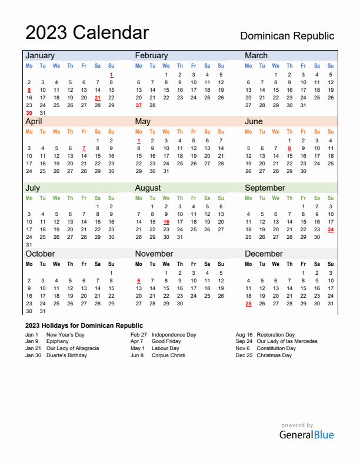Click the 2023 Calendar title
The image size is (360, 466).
(x=87, y=32)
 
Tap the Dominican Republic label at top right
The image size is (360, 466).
(x=287, y=36)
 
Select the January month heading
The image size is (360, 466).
(x=40, y=55)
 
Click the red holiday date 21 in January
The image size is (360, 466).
(x=98, y=98)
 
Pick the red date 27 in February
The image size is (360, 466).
(x=139, y=105)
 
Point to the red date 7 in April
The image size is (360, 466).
(x=84, y=148)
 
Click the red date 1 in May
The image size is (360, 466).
(x=139, y=141)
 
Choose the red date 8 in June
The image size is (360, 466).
(x=289, y=148)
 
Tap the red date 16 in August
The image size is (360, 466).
(x=166, y=222)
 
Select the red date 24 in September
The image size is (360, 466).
(x=331, y=229)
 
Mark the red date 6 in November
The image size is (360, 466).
(x=139, y=281)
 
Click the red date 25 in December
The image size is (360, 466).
(x=248, y=304)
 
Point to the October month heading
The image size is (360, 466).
(x=40, y=254)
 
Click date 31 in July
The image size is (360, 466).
(x=29, y=245)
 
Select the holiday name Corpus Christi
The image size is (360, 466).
(x=168, y=355)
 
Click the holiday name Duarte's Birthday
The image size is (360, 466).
(x=66, y=355)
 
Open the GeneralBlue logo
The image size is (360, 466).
(x=306, y=434)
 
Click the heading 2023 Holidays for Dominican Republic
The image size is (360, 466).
(x=84, y=325)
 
